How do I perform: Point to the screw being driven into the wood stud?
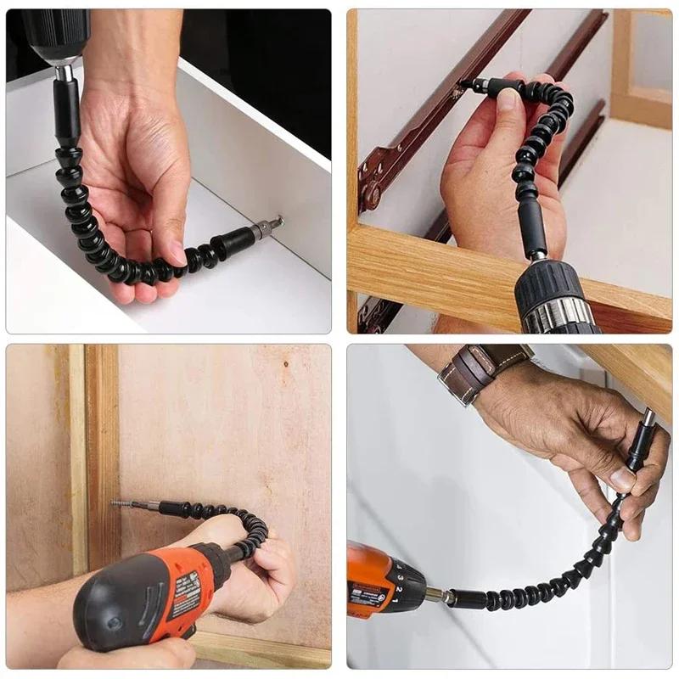click(120, 504)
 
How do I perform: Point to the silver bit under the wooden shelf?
click(649, 418)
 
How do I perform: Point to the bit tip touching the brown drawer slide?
click(463, 85)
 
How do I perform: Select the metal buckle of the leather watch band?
click(449, 373)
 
